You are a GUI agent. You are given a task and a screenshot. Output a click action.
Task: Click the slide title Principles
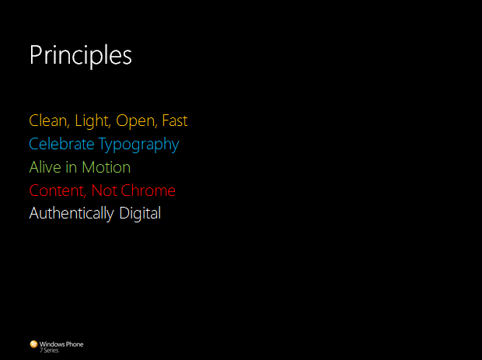click(81, 56)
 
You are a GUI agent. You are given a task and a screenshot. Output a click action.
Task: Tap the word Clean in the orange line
click(49, 121)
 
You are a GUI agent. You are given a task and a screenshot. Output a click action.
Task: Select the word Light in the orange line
click(93, 121)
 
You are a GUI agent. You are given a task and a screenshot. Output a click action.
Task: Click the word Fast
click(175, 121)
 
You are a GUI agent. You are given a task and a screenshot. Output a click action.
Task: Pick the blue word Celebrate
click(61, 144)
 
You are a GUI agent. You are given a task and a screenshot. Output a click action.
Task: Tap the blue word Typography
click(138, 145)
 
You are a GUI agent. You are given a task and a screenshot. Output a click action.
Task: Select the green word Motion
click(106, 167)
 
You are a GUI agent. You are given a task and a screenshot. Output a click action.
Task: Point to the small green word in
click(72, 167)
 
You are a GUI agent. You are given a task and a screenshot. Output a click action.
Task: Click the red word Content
click(58, 190)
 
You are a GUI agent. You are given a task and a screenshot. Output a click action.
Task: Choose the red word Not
click(104, 190)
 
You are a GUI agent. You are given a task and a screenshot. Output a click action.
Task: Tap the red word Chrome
click(148, 190)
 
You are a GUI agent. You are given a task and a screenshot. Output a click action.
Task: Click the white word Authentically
click(72, 214)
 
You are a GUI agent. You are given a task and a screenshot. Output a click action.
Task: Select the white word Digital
click(140, 214)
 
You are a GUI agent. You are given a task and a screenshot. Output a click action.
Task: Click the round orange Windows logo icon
click(33, 344)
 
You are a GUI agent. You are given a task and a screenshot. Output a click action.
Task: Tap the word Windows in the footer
click(51, 344)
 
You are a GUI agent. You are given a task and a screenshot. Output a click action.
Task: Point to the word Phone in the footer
click(74, 344)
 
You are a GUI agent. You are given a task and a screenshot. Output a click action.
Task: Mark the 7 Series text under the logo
click(49, 351)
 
